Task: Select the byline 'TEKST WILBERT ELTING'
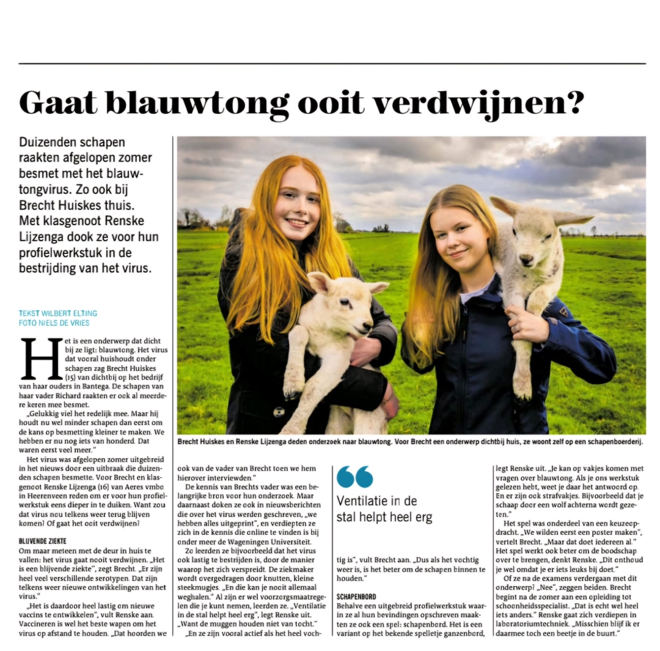coord(58,313)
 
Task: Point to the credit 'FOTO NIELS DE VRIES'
coord(54,322)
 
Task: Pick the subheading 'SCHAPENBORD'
coord(356,596)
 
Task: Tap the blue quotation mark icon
coord(354,477)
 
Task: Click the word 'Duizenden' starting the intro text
coord(51,142)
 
